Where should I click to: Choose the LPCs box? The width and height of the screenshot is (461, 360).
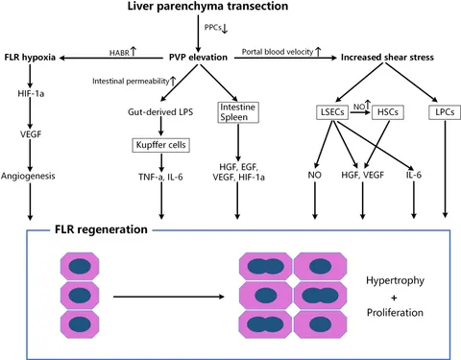[445, 112]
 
